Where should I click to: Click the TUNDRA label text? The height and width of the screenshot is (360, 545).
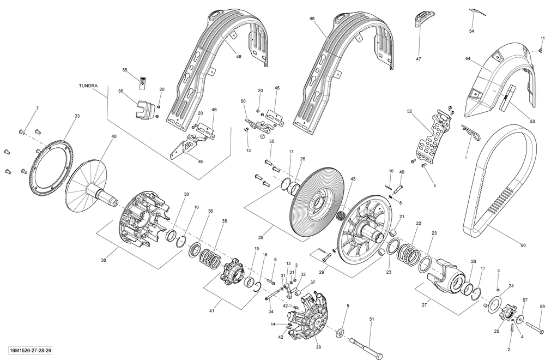(88, 86)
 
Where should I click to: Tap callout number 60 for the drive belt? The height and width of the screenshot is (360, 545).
(523, 245)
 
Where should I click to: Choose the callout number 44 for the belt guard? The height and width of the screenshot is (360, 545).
(468, 58)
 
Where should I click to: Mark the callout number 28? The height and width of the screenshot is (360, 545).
(261, 237)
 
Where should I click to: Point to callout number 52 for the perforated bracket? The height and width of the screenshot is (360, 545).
(409, 111)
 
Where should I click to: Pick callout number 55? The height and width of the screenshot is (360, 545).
(124, 70)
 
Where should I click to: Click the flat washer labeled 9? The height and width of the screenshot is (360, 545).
(340, 332)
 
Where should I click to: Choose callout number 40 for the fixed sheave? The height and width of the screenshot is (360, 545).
(113, 136)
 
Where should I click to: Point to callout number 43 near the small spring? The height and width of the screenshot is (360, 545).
(353, 179)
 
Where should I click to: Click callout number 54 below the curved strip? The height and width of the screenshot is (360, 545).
(471, 31)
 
